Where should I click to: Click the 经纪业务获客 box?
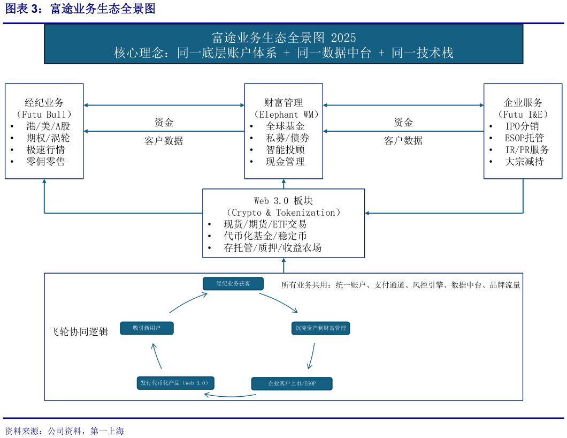point(233,284)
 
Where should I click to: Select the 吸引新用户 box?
point(147,328)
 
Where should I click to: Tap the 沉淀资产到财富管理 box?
point(320,328)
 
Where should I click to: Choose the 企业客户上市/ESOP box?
point(292,384)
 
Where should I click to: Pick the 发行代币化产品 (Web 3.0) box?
point(175,383)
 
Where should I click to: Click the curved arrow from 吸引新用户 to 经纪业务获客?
point(187,302)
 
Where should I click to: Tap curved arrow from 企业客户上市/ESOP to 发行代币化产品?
point(230,396)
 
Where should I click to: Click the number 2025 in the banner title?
point(343,38)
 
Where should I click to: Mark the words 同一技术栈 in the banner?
point(423,53)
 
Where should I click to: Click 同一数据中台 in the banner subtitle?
point(334,53)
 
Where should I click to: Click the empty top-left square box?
point(44,131)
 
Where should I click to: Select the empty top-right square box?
point(523,131)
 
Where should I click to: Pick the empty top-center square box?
point(283,131)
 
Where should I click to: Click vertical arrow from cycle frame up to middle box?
point(283,266)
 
